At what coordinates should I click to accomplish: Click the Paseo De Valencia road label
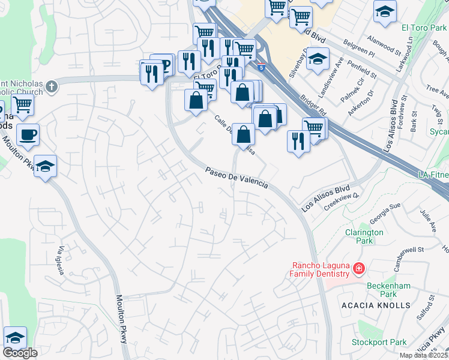point(237,178)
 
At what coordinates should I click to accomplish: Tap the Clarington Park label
point(364,236)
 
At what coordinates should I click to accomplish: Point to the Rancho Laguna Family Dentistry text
point(320,269)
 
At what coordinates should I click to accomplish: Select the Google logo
point(20,353)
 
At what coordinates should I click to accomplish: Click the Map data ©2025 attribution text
point(423,355)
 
